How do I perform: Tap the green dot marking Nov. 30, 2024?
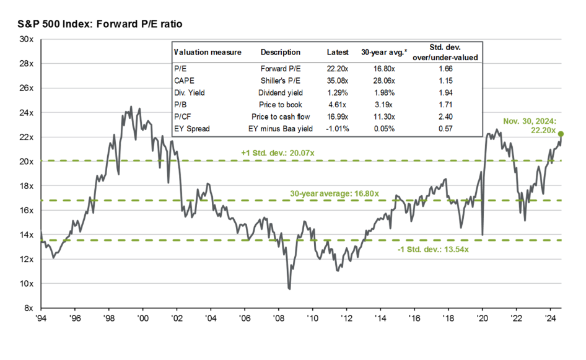pyautogui.click(x=561, y=134)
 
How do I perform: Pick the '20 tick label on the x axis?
pyautogui.click(x=482, y=318)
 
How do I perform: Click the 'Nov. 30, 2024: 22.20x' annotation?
pyautogui.click(x=535, y=125)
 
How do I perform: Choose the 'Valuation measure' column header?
pyautogui.click(x=208, y=52)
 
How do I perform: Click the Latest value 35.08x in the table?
pyautogui.click(x=338, y=80)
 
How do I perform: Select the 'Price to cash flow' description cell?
pyautogui.click(x=280, y=116)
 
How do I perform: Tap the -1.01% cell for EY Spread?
pyautogui.click(x=338, y=128)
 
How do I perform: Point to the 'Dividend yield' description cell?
pyautogui.click(x=280, y=92)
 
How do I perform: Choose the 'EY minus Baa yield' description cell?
pyautogui.click(x=280, y=128)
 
